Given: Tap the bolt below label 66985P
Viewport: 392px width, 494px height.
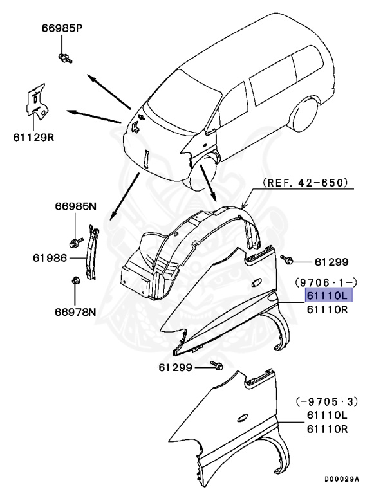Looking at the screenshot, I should (x=65, y=59).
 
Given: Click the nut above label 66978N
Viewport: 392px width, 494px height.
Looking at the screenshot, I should (x=75, y=280).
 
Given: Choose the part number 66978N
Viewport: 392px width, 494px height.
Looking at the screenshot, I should (x=75, y=313).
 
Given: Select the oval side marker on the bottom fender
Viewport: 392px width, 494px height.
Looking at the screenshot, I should (x=244, y=417).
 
